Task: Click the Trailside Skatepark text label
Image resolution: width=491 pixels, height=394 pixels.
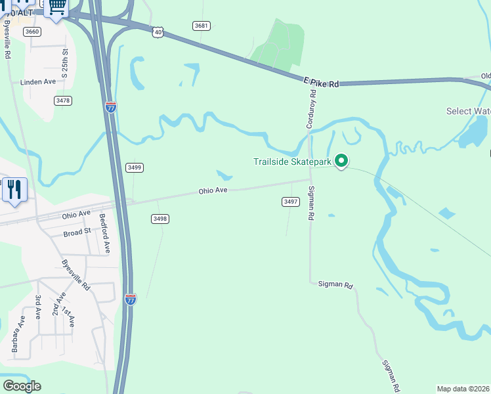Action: click(292, 162)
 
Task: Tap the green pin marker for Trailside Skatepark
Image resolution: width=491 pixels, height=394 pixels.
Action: click(341, 160)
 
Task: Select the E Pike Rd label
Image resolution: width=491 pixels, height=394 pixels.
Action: click(322, 83)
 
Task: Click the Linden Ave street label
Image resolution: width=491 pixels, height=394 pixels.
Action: click(38, 82)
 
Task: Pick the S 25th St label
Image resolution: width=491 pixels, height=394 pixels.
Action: click(65, 63)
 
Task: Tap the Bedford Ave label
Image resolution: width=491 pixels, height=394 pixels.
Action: click(104, 233)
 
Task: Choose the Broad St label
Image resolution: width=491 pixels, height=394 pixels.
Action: click(77, 233)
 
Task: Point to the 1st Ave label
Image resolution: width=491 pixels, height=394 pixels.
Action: click(69, 317)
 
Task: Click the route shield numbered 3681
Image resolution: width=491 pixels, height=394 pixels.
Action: click(202, 26)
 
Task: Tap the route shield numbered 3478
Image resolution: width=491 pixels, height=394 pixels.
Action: click(63, 100)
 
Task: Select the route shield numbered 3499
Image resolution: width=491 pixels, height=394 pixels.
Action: click(135, 167)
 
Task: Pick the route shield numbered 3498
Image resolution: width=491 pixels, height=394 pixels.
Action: click(160, 219)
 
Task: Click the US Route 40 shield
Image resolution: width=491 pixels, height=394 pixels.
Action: click(158, 32)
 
